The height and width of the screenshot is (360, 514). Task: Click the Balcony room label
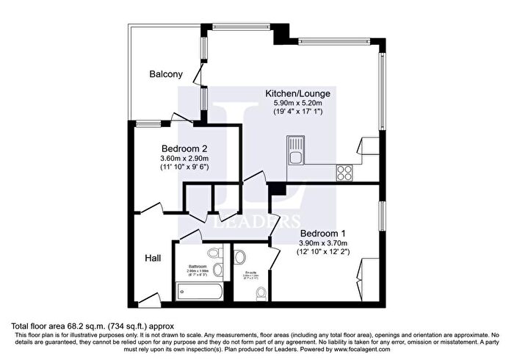pyautogui.click(x=166, y=74)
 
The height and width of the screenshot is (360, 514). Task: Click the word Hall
pyautogui.click(x=153, y=258)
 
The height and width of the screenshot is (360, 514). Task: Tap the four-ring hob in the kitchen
pyautogui.click(x=344, y=172)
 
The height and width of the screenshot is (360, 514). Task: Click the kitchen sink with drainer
pyautogui.click(x=296, y=150)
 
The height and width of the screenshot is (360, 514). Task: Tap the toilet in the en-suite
pyautogui.click(x=262, y=293)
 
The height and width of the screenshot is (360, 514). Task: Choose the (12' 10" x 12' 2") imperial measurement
pyautogui.click(x=323, y=253)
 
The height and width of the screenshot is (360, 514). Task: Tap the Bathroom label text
pyautogui.click(x=198, y=266)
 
